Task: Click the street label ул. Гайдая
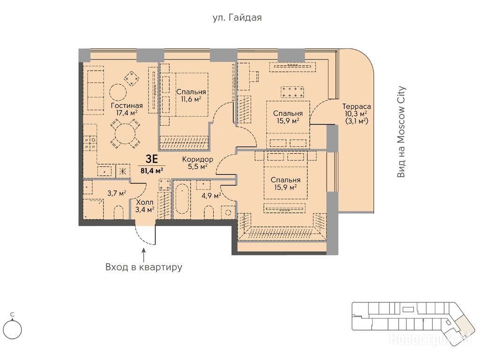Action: [x=237, y=18]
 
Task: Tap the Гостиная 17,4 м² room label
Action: [x=127, y=109]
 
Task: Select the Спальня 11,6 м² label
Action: [x=191, y=95]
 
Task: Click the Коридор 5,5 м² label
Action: [x=197, y=163]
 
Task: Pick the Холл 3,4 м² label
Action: [x=145, y=206]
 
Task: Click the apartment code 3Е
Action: [x=151, y=159]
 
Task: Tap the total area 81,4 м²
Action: [x=151, y=170]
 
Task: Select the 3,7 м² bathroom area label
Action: [x=117, y=193]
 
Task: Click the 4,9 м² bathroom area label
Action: [x=211, y=195]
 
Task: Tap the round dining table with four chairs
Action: [x=125, y=133]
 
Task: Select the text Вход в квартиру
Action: [x=143, y=267]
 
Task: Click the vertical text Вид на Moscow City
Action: [x=402, y=132]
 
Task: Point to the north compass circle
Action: [x=13, y=330]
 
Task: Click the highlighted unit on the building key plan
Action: [x=462, y=325]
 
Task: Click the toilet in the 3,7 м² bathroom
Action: [x=119, y=213]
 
